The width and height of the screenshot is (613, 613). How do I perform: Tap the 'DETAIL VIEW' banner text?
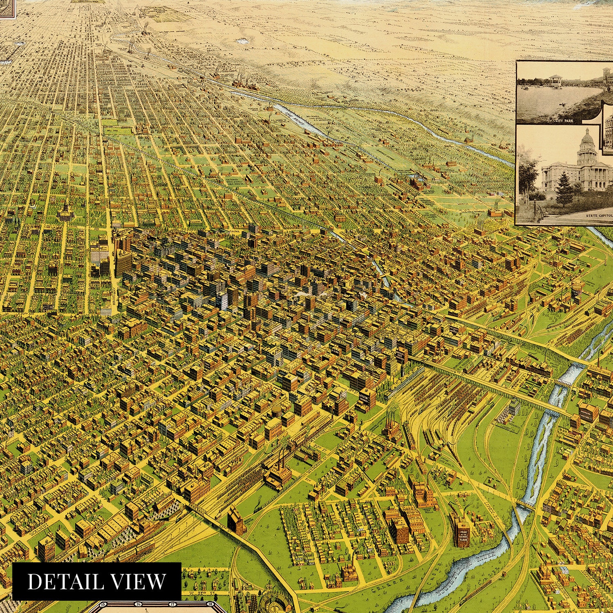[97, 581]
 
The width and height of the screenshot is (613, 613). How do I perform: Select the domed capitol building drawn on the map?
[64, 210]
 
